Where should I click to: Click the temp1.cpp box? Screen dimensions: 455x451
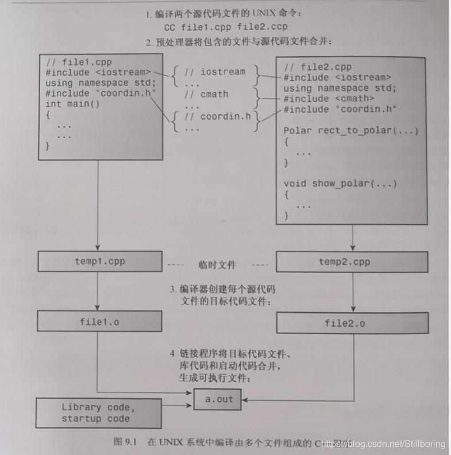click(99, 261)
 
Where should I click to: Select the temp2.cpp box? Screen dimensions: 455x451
click(352, 262)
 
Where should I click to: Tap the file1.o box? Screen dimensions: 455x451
click(99, 322)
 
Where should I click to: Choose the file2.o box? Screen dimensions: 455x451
click(352, 323)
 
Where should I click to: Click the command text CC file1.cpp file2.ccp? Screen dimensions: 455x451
click(225, 26)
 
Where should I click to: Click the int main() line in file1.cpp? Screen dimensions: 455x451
click(72, 104)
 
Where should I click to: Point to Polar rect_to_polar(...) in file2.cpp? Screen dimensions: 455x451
click(351, 131)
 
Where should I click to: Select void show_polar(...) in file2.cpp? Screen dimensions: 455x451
click(340, 183)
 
